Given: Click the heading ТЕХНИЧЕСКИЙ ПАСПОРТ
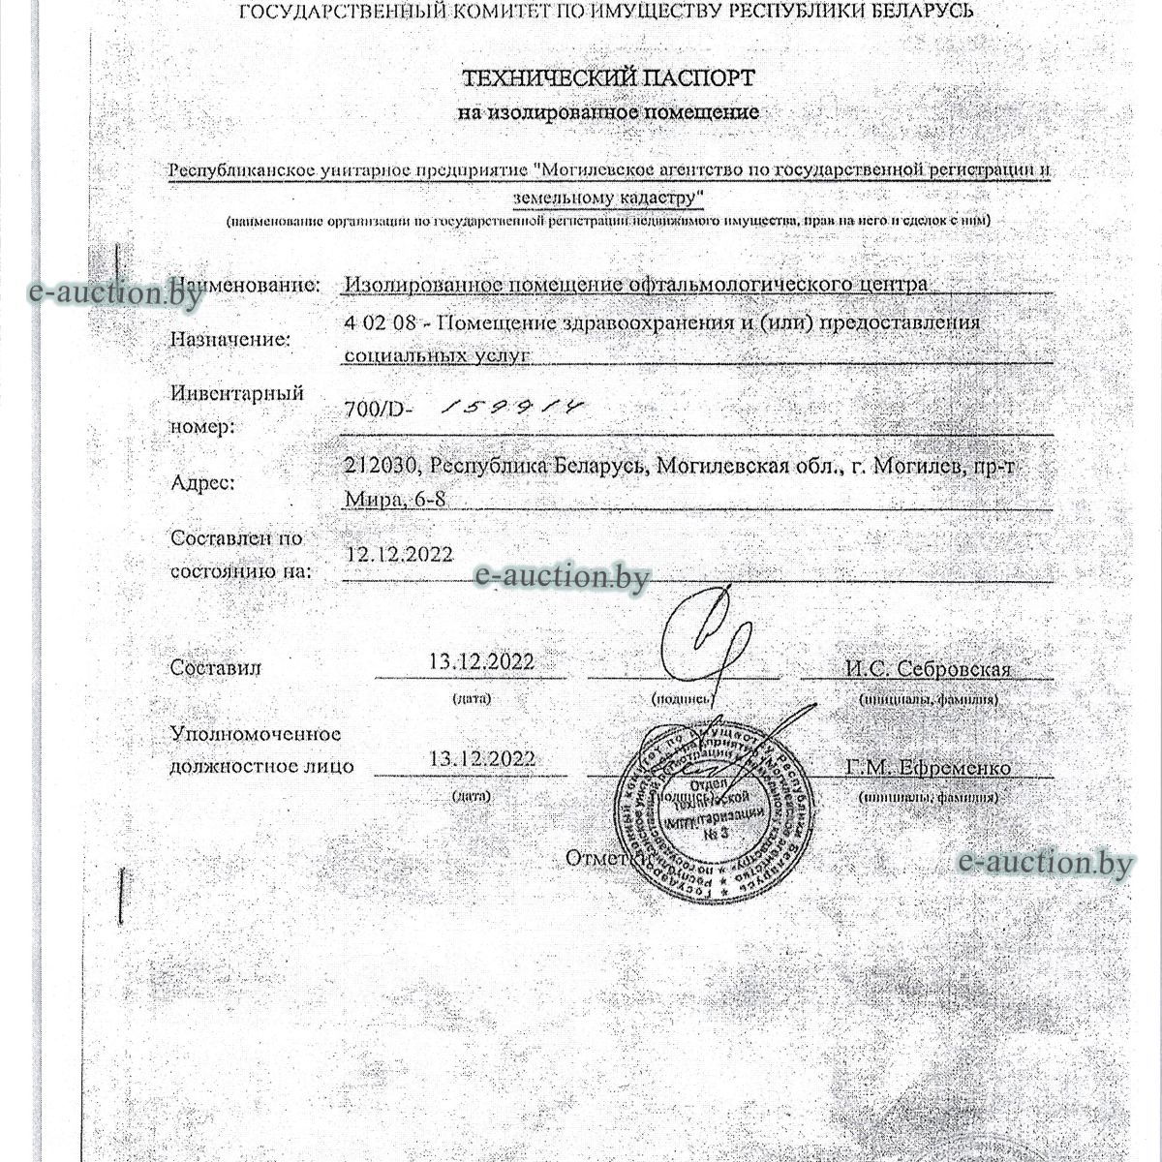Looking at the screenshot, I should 608,77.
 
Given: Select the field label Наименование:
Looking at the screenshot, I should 247,286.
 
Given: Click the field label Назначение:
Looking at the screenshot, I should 230,340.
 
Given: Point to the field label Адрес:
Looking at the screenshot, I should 202,482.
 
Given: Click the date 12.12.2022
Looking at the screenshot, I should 400,554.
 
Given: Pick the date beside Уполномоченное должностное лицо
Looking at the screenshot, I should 481,759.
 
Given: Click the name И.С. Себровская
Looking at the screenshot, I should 928,669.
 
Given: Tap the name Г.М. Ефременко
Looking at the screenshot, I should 928,768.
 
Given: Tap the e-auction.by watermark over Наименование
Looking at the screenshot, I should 116,291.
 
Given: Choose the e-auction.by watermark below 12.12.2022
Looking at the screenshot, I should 562,577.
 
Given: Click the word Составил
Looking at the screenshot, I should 215,667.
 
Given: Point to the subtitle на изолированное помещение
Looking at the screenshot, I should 608,112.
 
